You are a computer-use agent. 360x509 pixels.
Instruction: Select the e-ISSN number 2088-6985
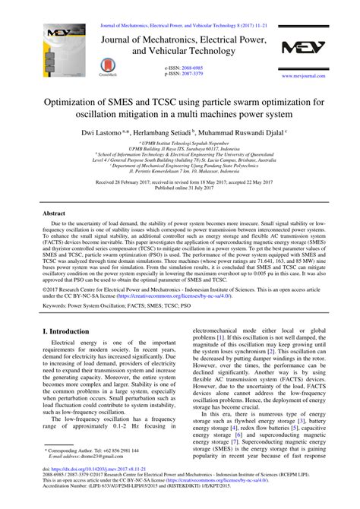tap(193, 68)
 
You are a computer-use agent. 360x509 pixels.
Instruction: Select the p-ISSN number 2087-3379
tap(193, 74)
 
